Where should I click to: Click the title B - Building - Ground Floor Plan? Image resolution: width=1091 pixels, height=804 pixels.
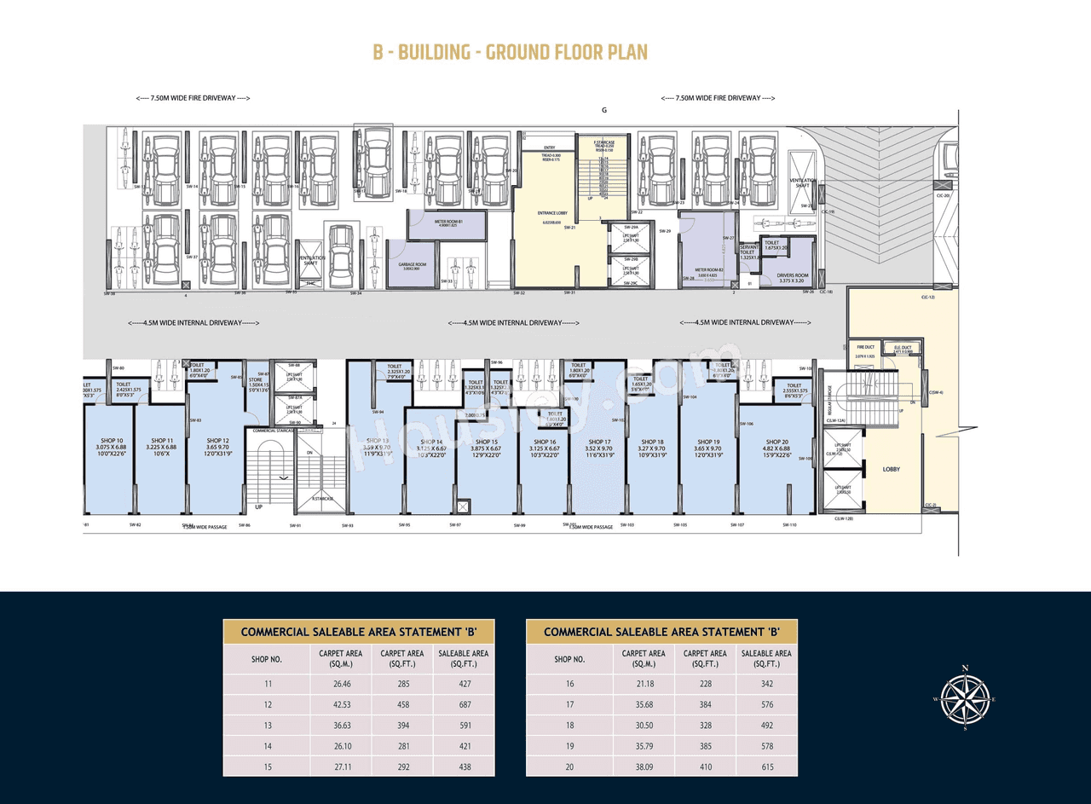click(x=510, y=52)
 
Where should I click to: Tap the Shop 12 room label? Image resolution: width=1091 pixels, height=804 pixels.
click(x=217, y=441)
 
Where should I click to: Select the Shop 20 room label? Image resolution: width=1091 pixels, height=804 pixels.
click(x=776, y=442)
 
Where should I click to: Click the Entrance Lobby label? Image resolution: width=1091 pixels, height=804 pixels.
click(x=551, y=212)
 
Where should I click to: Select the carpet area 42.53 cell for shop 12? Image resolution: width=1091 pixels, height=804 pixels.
click(x=342, y=704)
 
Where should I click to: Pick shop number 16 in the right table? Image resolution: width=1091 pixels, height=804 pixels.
click(x=569, y=684)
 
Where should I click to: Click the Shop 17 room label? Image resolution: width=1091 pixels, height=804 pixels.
click(x=599, y=442)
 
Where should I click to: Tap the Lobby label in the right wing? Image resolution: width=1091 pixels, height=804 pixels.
click(x=891, y=469)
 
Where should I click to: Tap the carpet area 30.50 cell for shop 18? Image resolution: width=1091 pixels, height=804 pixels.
click(x=645, y=725)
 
